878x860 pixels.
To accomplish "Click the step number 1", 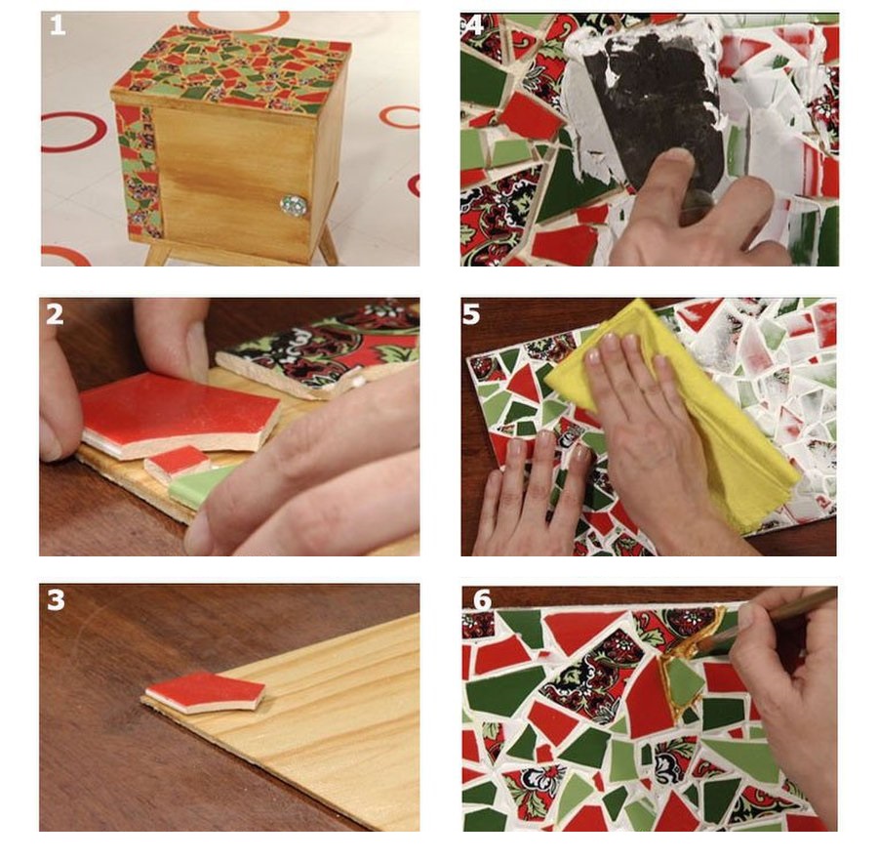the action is point(58,25).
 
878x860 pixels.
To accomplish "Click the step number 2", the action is point(55,315).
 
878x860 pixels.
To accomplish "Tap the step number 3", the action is point(56,600).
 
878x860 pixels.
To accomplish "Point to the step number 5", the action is point(471,314).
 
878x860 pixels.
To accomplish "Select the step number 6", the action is point(482,600).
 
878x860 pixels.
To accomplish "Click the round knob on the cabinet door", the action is point(294,206).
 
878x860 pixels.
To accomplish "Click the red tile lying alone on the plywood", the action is point(205,692).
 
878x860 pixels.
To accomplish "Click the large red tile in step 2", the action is point(180,412).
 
